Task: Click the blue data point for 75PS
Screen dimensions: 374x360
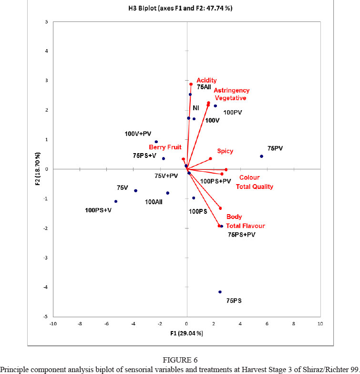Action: click(x=220, y=292)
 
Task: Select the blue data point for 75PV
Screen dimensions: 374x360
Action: click(x=261, y=156)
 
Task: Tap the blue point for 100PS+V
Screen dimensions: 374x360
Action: click(x=116, y=201)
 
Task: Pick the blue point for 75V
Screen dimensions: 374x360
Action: click(x=135, y=191)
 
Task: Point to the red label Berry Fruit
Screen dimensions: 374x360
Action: click(x=165, y=147)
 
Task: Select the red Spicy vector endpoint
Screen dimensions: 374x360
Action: click(x=210, y=159)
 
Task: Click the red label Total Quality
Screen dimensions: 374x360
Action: click(x=255, y=187)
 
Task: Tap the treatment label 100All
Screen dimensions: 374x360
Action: click(x=156, y=202)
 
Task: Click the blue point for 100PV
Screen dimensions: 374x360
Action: click(x=215, y=106)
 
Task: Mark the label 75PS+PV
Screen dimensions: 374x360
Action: click(x=242, y=235)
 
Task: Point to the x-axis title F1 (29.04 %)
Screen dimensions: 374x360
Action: click(x=186, y=332)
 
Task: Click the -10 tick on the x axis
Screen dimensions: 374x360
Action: click(x=53, y=323)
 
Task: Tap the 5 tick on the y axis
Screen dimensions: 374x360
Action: click(x=46, y=22)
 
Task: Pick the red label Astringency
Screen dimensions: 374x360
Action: click(x=231, y=90)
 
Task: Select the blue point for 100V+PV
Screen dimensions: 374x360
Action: click(x=156, y=142)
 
